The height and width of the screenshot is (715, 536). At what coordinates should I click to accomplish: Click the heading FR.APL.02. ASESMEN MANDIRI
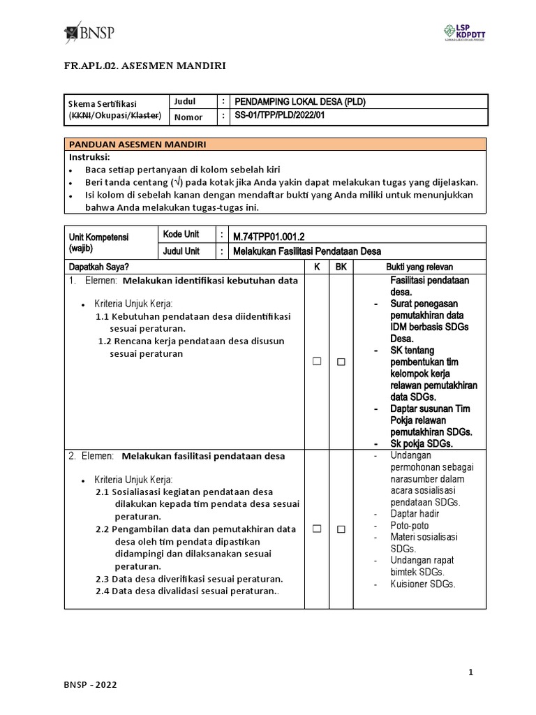[144, 66]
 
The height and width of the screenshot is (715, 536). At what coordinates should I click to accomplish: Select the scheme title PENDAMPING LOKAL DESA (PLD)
[300, 102]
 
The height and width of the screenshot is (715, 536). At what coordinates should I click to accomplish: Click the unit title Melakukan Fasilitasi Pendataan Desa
[308, 251]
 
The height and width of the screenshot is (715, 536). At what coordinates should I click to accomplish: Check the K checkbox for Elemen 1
[317, 362]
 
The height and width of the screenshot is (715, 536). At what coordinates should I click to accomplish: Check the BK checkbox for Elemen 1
[341, 362]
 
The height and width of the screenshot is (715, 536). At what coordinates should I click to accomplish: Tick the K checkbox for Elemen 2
[317, 529]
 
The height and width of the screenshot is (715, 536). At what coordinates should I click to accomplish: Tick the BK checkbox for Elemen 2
[341, 529]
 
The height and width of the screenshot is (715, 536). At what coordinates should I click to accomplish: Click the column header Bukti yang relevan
[419, 267]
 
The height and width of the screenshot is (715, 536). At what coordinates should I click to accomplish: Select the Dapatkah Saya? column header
[98, 267]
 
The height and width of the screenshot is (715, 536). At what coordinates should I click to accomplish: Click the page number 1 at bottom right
[471, 672]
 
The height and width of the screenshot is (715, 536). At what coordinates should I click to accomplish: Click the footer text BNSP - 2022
[90, 685]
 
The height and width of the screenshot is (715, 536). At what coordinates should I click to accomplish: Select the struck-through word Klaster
[145, 115]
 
